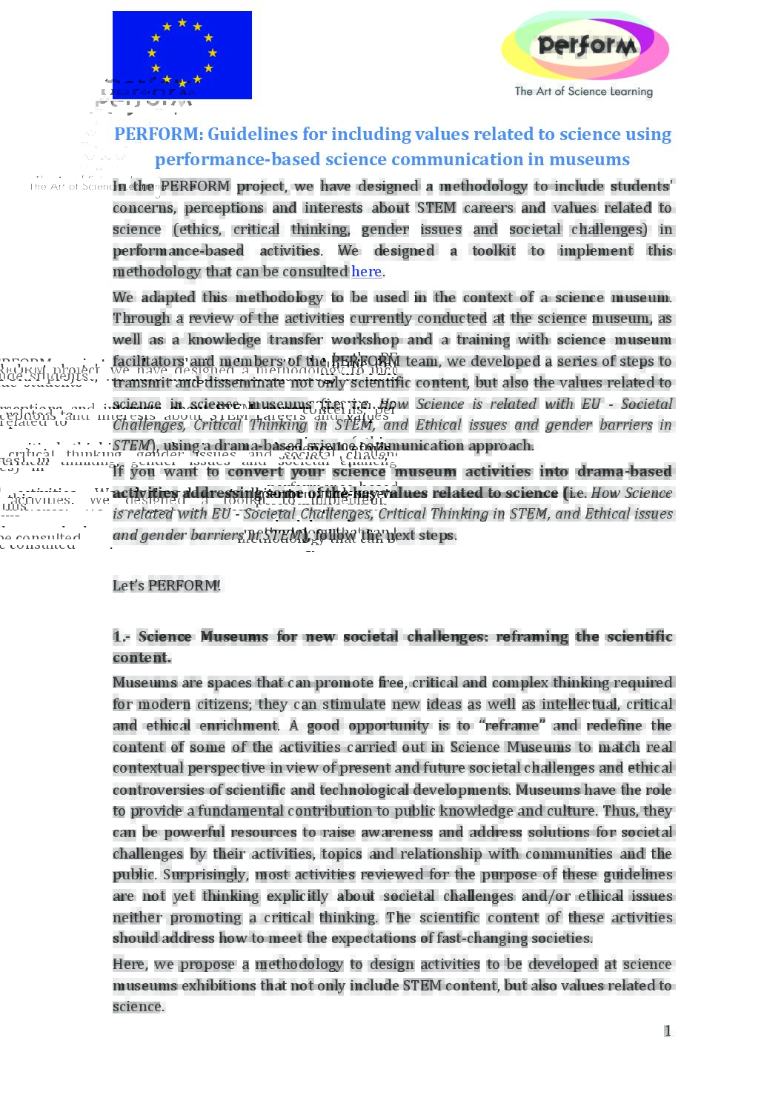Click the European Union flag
click(x=182, y=55)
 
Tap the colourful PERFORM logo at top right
click(x=585, y=46)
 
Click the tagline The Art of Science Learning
click(x=584, y=91)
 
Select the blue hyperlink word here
click(x=366, y=272)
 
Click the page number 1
click(x=668, y=1030)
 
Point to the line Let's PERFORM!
click(x=167, y=585)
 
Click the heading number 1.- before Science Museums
click(x=121, y=636)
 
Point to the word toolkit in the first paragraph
click(x=494, y=250)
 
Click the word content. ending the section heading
click(x=142, y=657)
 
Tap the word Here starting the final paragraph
click(x=130, y=964)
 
